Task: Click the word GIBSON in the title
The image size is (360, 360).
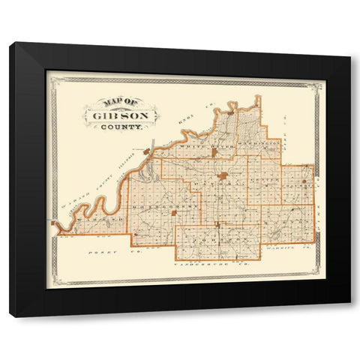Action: point(119,116)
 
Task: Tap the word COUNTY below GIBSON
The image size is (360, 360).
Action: point(121,128)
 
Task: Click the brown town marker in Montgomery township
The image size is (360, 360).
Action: point(175,212)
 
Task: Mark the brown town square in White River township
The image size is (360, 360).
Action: point(214,153)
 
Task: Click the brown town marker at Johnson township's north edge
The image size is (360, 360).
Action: point(217,223)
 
